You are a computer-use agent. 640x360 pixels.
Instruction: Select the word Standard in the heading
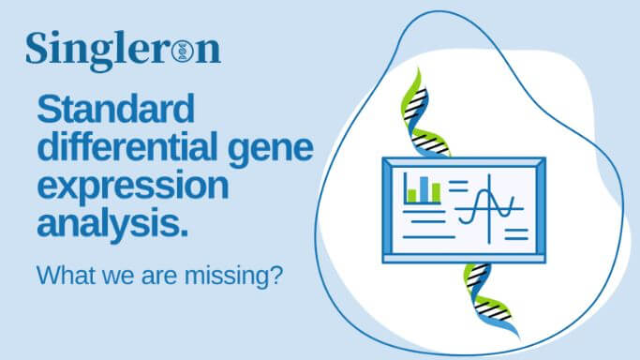point(115,111)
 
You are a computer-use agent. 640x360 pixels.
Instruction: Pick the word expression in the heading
point(132,185)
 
